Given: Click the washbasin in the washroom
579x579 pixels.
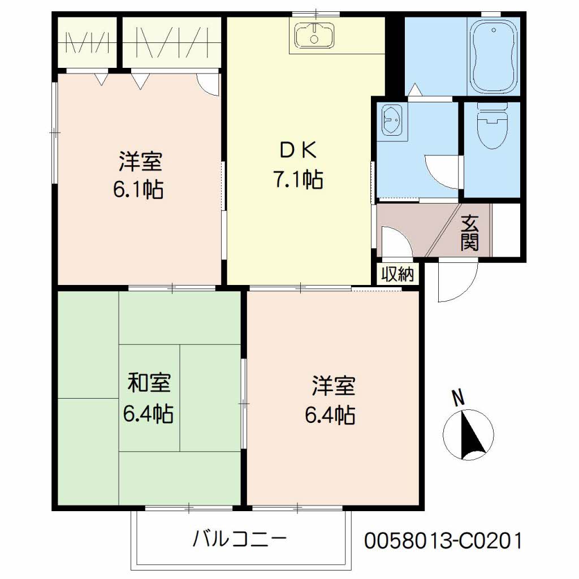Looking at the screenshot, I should point(391,119).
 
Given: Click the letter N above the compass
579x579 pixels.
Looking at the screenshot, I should point(459,397).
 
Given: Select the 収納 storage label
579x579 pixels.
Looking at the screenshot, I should point(397,275).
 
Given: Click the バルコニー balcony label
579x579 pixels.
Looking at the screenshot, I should point(239,538).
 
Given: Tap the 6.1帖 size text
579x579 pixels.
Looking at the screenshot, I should point(139,189).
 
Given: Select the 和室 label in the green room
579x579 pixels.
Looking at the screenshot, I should point(149,384).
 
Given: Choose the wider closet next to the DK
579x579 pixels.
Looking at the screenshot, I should point(171,43).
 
